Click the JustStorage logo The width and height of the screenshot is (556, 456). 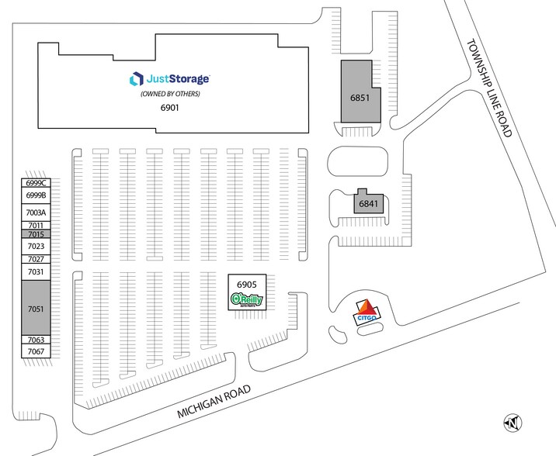(169, 78)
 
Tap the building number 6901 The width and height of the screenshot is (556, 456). (169, 108)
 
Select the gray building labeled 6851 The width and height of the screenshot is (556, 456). (360, 92)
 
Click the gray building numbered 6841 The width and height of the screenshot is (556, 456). (369, 201)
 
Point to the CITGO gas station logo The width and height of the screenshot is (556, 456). (367, 313)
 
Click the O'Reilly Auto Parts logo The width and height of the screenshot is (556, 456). (247, 300)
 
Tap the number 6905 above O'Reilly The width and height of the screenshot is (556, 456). (247, 285)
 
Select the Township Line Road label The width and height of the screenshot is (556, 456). (490, 88)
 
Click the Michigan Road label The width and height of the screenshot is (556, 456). (214, 402)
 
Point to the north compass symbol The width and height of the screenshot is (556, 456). (513, 423)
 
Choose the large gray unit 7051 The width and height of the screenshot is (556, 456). (36, 308)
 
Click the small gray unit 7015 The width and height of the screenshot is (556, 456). (36, 234)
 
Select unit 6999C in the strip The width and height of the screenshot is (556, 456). (36, 183)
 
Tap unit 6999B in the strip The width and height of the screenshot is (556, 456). (36, 195)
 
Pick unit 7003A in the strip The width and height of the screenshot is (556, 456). (36, 212)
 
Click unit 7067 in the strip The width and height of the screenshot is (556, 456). (36, 351)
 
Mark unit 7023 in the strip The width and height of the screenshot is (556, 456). (36, 246)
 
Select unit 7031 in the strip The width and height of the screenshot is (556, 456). (36, 271)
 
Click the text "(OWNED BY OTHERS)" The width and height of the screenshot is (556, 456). (170, 94)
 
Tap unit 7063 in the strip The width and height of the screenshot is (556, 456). (36, 340)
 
